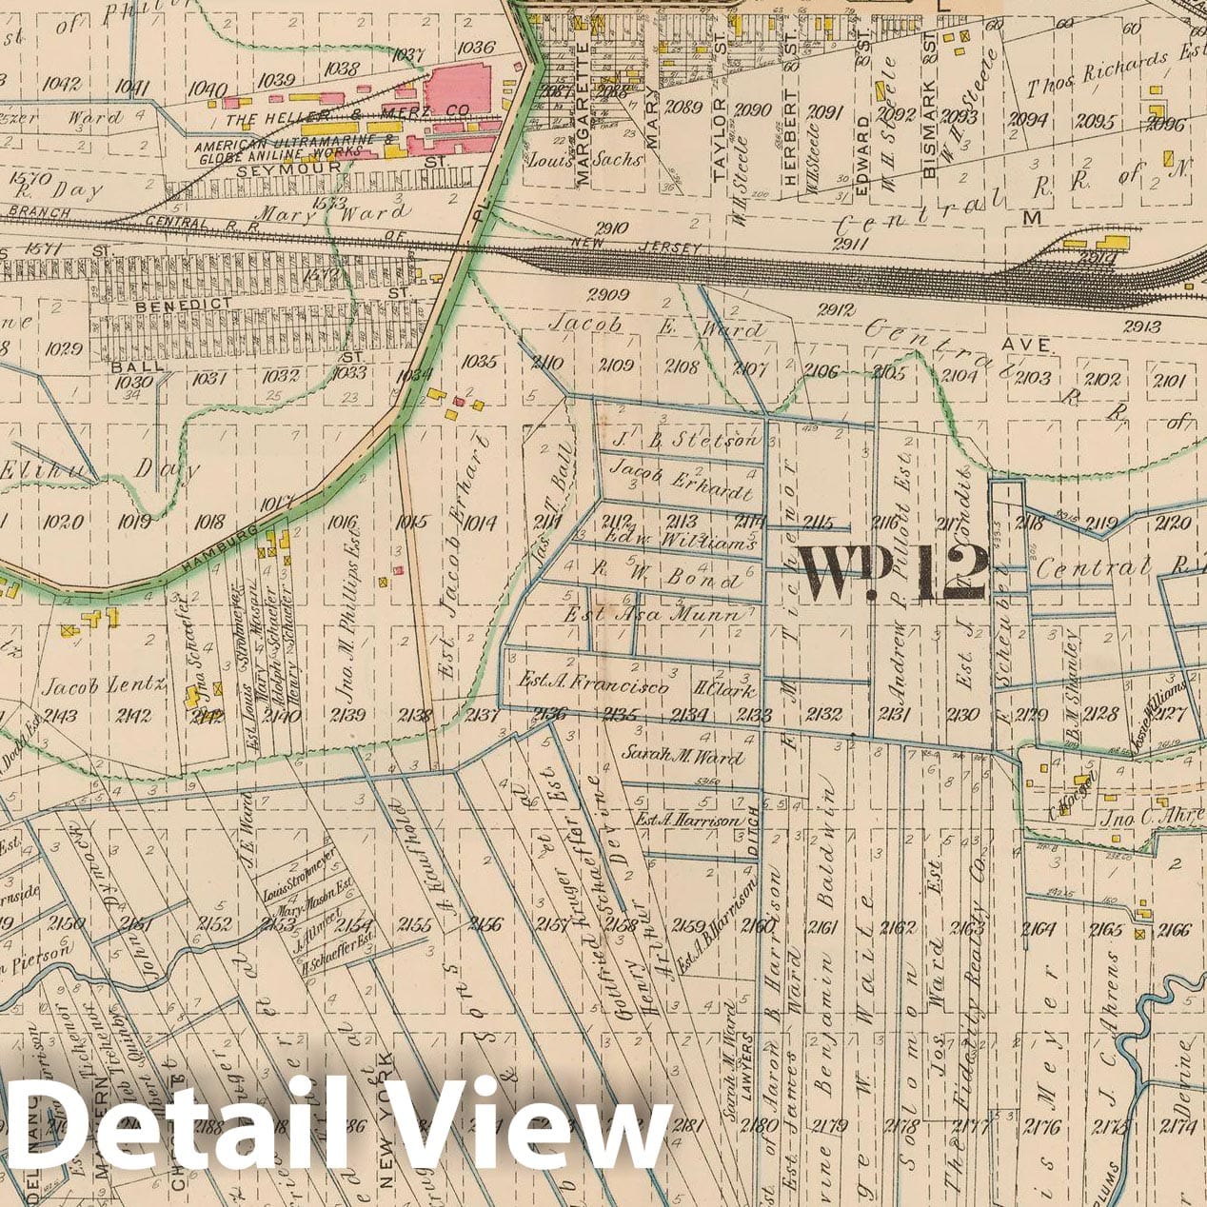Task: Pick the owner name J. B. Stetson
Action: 685,440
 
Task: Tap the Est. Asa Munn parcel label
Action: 652,616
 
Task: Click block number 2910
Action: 608,228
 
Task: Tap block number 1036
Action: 475,48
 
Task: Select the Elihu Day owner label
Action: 100,468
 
